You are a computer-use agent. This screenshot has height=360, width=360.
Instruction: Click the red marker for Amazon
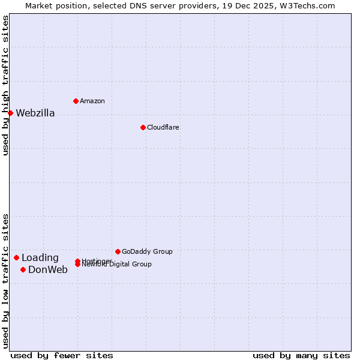pyautogui.click(x=76, y=101)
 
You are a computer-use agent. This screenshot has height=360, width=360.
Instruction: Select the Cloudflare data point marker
pyautogui.click(x=143, y=127)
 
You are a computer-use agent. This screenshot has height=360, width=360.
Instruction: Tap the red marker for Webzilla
pyautogui.click(x=10, y=113)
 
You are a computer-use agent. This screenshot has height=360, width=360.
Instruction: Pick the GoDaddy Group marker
pyautogui.click(x=118, y=251)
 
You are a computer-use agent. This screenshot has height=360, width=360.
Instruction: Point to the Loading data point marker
pyautogui.click(x=16, y=257)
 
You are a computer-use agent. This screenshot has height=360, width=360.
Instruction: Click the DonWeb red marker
pyautogui.click(x=23, y=269)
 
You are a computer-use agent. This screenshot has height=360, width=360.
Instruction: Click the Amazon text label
pyautogui.click(x=92, y=101)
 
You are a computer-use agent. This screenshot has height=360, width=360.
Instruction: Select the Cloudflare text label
pyautogui.click(x=163, y=127)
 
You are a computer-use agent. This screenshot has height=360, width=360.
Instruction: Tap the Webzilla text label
pyautogui.click(x=35, y=113)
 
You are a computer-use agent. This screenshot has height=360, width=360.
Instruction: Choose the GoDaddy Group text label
pyautogui.click(x=147, y=251)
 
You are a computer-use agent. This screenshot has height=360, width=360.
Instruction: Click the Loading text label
pyautogui.click(x=40, y=258)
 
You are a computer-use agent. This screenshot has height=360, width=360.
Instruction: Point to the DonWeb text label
pyautogui.click(x=48, y=270)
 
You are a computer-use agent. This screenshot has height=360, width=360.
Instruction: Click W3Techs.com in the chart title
pyautogui.click(x=305, y=5)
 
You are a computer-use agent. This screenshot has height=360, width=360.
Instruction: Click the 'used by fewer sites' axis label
pyautogui.click(x=62, y=355)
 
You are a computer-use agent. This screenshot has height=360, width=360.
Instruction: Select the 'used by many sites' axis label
pyautogui.click(x=301, y=355)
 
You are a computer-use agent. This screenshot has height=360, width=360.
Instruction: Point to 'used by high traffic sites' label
pyautogui.click(x=5, y=85)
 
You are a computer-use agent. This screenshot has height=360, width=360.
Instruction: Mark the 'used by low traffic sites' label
pyautogui.click(x=5, y=281)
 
